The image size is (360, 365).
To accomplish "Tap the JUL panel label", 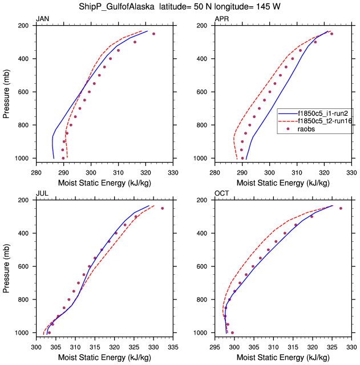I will [42, 194].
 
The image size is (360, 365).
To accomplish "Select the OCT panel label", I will [222, 194].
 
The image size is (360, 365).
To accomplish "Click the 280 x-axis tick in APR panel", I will [215, 168].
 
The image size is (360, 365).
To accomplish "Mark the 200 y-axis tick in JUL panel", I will [25, 200].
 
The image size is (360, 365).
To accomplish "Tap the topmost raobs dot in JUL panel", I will [162, 208].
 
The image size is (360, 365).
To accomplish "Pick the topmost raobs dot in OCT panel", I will [341, 208].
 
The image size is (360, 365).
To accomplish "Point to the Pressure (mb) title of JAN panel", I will [6, 92].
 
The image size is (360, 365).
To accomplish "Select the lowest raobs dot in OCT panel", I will [232, 332].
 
